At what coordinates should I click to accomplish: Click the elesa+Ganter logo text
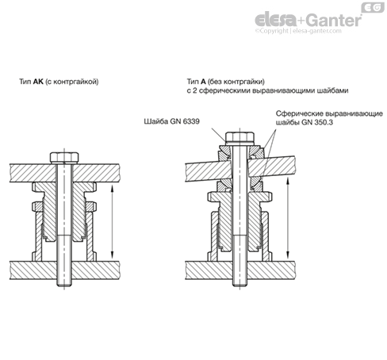pyautogui.click(x=308, y=20)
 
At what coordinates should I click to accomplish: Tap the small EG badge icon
pyautogui.click(x=373, y=7)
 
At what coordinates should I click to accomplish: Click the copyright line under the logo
pyautogui.click(x=298, y=31)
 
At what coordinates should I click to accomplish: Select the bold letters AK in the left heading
pyautogui.click(x=38, y=82)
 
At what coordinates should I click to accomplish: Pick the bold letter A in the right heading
pyautogui.click(x=203, y=82)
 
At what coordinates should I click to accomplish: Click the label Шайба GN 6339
pyautogui.click(x=171, y=121)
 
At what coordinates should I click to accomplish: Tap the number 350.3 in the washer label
pyautogui.click(x=324, y=122)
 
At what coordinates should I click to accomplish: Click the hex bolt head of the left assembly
pyautogui.click(x=64, y=158)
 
